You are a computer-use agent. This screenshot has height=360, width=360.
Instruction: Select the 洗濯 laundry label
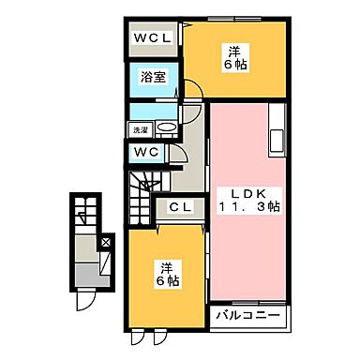(140, 129)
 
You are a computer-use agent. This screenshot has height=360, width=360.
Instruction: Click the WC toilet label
(145, 152)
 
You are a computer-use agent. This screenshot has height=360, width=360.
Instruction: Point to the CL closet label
(181, 207)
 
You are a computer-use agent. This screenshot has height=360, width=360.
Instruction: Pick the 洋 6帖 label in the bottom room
(168, 272)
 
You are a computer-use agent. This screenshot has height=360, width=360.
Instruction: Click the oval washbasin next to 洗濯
(166, 129)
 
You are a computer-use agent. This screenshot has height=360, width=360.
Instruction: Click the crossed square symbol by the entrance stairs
(105, 243)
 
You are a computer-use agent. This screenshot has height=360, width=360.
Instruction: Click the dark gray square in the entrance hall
(91, 277)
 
